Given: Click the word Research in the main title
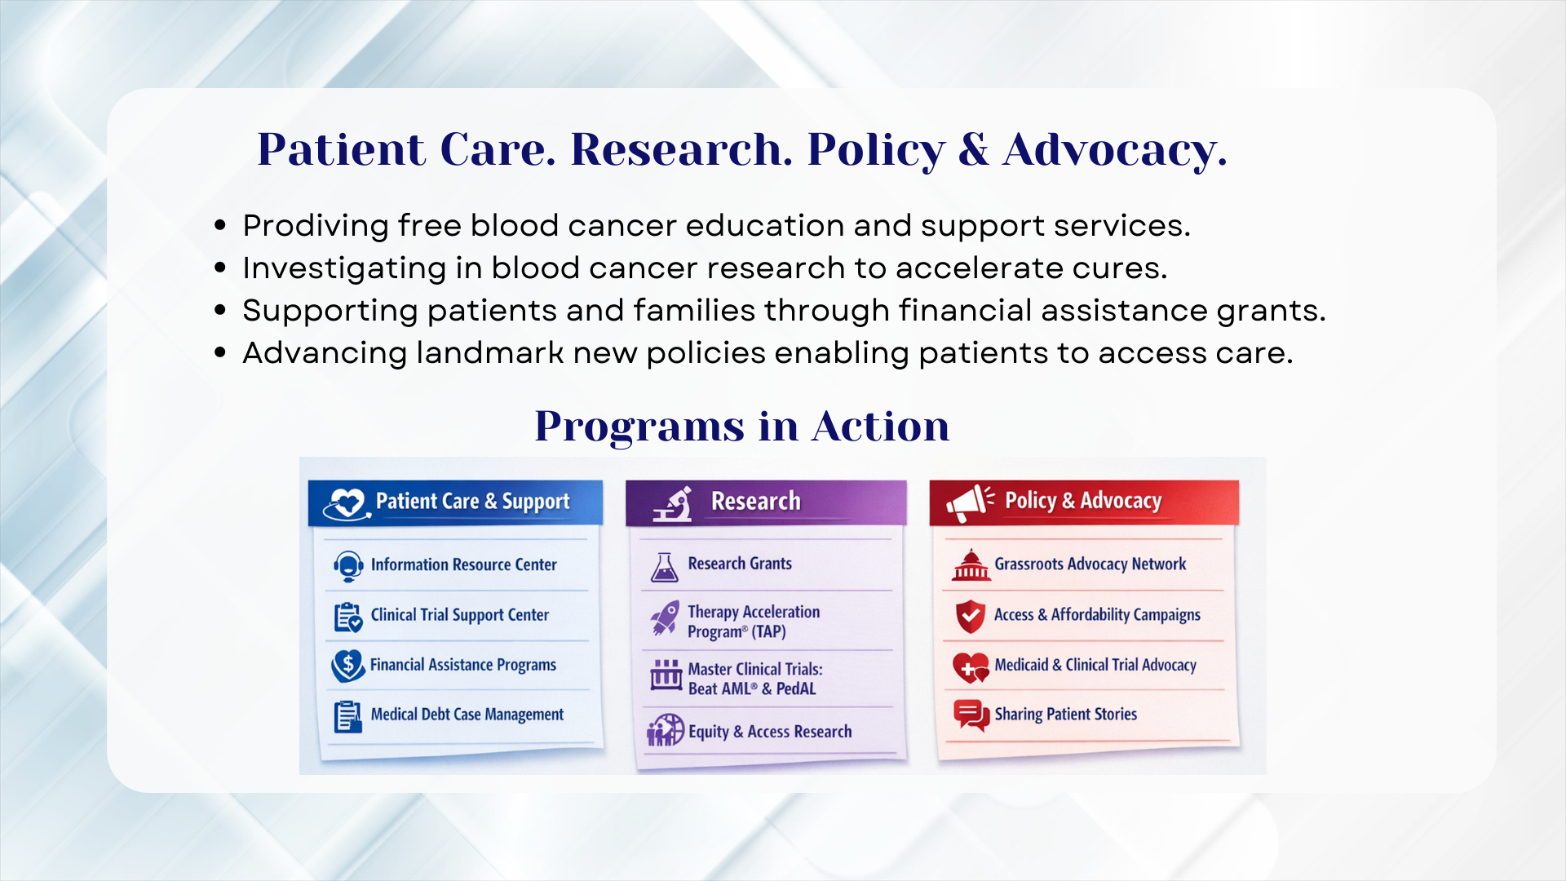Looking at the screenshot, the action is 681,149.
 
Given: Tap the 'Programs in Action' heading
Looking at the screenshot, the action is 742,427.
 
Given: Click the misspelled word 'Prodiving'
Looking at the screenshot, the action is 316,226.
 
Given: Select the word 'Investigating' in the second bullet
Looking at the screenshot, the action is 344,268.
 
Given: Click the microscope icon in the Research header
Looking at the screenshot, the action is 673,504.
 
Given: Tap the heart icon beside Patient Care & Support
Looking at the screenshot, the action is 346,503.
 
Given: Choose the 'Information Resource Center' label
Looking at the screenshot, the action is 463,564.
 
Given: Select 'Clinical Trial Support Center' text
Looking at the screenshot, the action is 459,615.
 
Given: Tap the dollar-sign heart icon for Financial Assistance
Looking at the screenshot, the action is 348,666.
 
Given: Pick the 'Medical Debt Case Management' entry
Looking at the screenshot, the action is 467,715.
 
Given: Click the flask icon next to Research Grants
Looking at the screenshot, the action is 665,567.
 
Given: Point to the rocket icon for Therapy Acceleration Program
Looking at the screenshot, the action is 665,618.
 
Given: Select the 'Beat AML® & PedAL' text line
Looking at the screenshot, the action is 751,688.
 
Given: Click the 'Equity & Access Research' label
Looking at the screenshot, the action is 770,732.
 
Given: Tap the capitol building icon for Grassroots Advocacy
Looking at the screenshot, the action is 971,564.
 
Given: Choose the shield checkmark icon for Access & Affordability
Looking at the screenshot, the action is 971,617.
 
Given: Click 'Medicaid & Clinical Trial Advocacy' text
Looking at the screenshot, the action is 1095,666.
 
